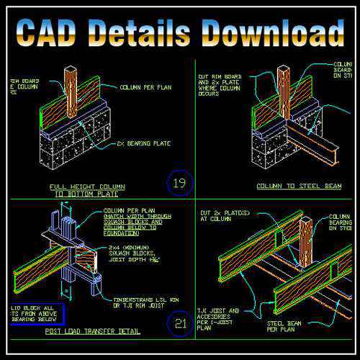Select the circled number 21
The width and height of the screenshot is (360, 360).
pyautogui.click(x=181, y=323)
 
